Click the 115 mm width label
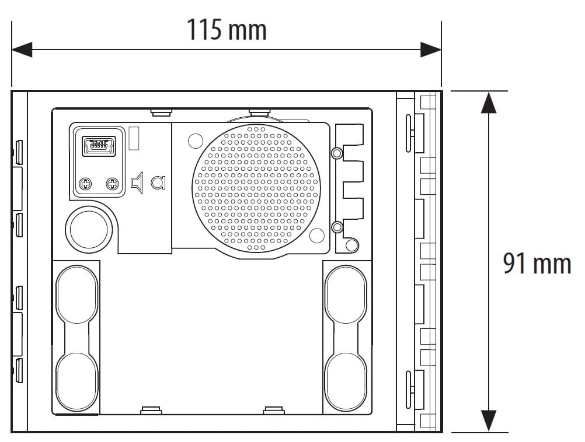(x=227, y=29)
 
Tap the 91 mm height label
(x=537, y=264)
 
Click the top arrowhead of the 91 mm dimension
(x=488, y=102)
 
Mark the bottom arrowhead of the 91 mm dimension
(x=488, y=421)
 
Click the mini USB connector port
(x=98, y=145)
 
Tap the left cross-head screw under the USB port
(x=86, y=184)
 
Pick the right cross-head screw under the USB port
(x=112, y=184)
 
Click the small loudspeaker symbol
(x=137, y=183)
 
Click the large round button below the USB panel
(x=90, y=228)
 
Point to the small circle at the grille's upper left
(x=195, y=140)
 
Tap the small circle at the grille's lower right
(x=316, y=235)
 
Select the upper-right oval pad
(x=346, y=294)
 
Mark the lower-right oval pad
(x=346, y=379)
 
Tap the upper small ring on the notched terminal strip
(x=336, y=153)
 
